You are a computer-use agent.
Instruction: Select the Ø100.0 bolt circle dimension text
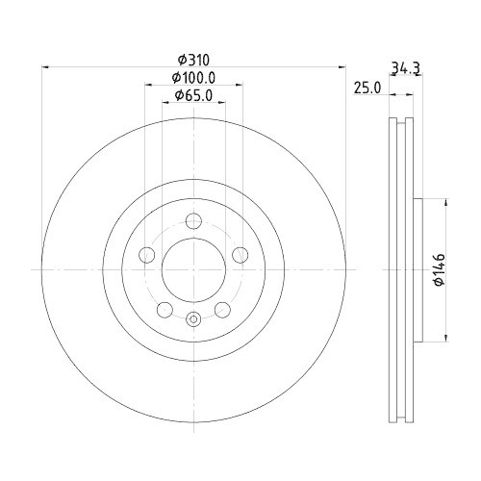(x=193, y=77)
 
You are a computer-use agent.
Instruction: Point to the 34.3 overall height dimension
(x=404, y=67)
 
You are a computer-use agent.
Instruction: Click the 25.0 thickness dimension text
(x=367, y=87)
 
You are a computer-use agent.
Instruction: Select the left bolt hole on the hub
(x=147, y=254)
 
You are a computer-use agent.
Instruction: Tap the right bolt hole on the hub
(x=240, y=254)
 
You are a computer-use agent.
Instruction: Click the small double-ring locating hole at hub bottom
(x=193, y=319)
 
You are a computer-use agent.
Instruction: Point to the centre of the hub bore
(x=193, y=268)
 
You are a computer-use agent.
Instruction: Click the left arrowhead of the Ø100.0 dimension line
(x=148, y=85)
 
